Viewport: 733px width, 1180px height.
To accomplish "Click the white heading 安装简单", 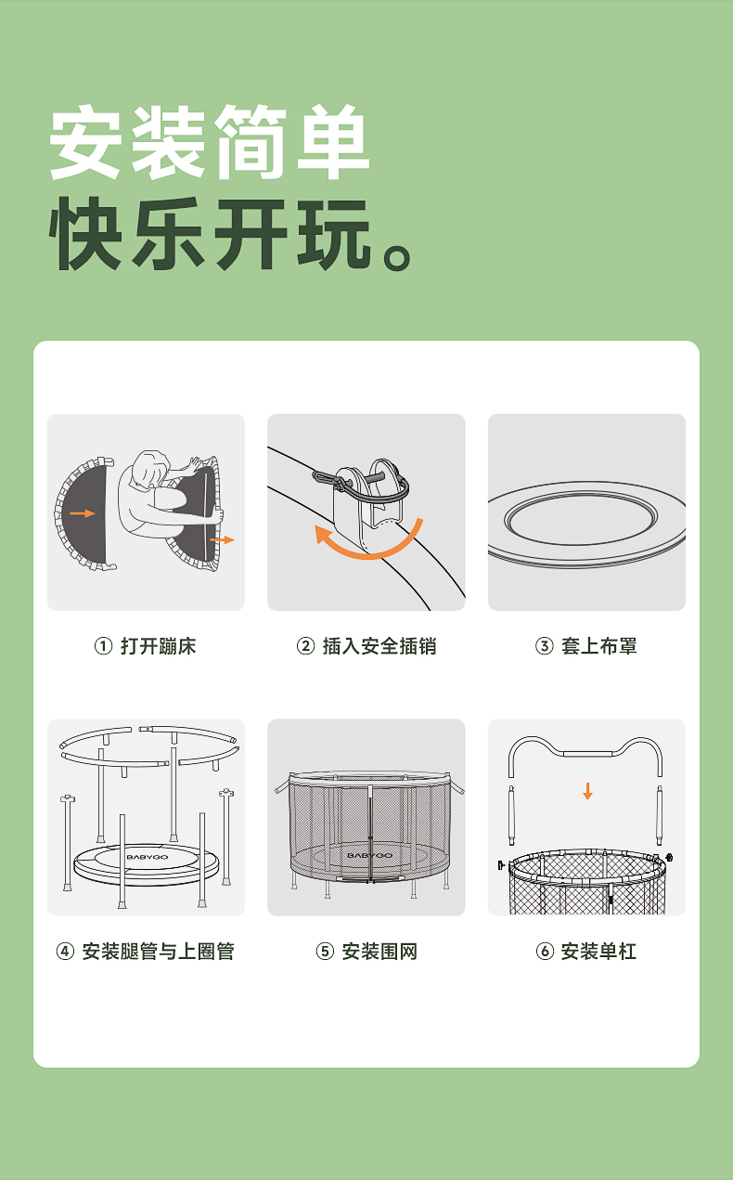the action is (209, 142).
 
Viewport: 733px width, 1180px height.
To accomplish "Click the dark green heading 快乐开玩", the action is (210, 234).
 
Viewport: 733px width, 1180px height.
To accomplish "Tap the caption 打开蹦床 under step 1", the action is (158, 646).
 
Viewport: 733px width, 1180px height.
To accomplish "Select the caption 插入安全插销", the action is (379, 646).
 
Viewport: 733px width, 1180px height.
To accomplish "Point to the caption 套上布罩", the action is (598, 646).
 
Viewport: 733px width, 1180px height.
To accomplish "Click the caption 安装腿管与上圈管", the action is (158, 952).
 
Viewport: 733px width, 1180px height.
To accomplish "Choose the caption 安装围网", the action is (379, 952).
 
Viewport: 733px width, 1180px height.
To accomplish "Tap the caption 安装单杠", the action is (598, 952).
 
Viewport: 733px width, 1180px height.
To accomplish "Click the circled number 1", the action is (103, 646).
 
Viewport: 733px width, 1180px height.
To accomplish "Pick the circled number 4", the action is (65, 952).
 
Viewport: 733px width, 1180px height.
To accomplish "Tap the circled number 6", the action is (545, 952).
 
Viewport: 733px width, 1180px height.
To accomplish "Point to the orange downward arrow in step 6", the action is (587, 791).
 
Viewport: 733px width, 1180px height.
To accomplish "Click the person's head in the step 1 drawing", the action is (150, 468).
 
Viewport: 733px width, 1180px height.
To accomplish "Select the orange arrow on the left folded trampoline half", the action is (83, 513).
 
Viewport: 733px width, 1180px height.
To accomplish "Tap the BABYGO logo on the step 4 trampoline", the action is (148, 857).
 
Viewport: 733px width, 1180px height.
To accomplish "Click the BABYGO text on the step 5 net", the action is (369, 855).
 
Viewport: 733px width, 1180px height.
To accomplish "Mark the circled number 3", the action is (545, 646).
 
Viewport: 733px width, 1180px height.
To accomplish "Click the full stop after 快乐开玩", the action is (396, 257).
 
